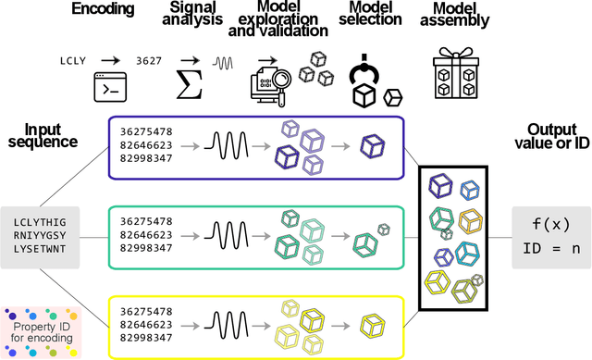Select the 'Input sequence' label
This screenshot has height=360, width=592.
pyautogui.click(x=50, y=138)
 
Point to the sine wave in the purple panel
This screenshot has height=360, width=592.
pyautogui.click(x=228, y=145)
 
